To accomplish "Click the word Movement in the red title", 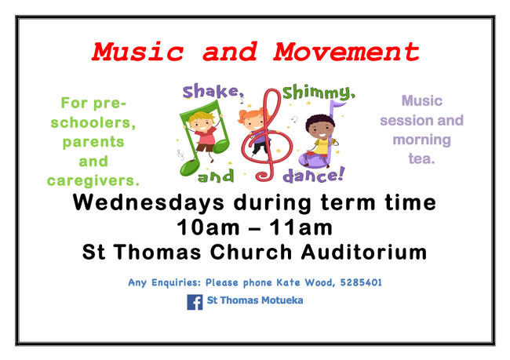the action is coord(346,52).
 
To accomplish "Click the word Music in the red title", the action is coord(138,52).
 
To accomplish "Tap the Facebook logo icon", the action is coord(195,302).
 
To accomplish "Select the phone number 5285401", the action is coord(361,282).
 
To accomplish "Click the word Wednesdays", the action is coord(148,202).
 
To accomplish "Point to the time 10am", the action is coord(208,227).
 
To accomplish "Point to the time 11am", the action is coord(301,227).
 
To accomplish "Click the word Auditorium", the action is coord(364,252).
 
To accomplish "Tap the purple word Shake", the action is coord(213,92).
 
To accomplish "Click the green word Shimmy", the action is coord(319,93).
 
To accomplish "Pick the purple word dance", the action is coord(313,176).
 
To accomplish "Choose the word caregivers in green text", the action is coord(93,180).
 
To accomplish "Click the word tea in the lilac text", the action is coord(421,158).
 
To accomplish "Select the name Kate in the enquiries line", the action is coord(288,282).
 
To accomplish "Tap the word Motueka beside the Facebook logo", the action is coord(282,300).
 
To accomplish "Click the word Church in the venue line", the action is coord(251,252).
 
